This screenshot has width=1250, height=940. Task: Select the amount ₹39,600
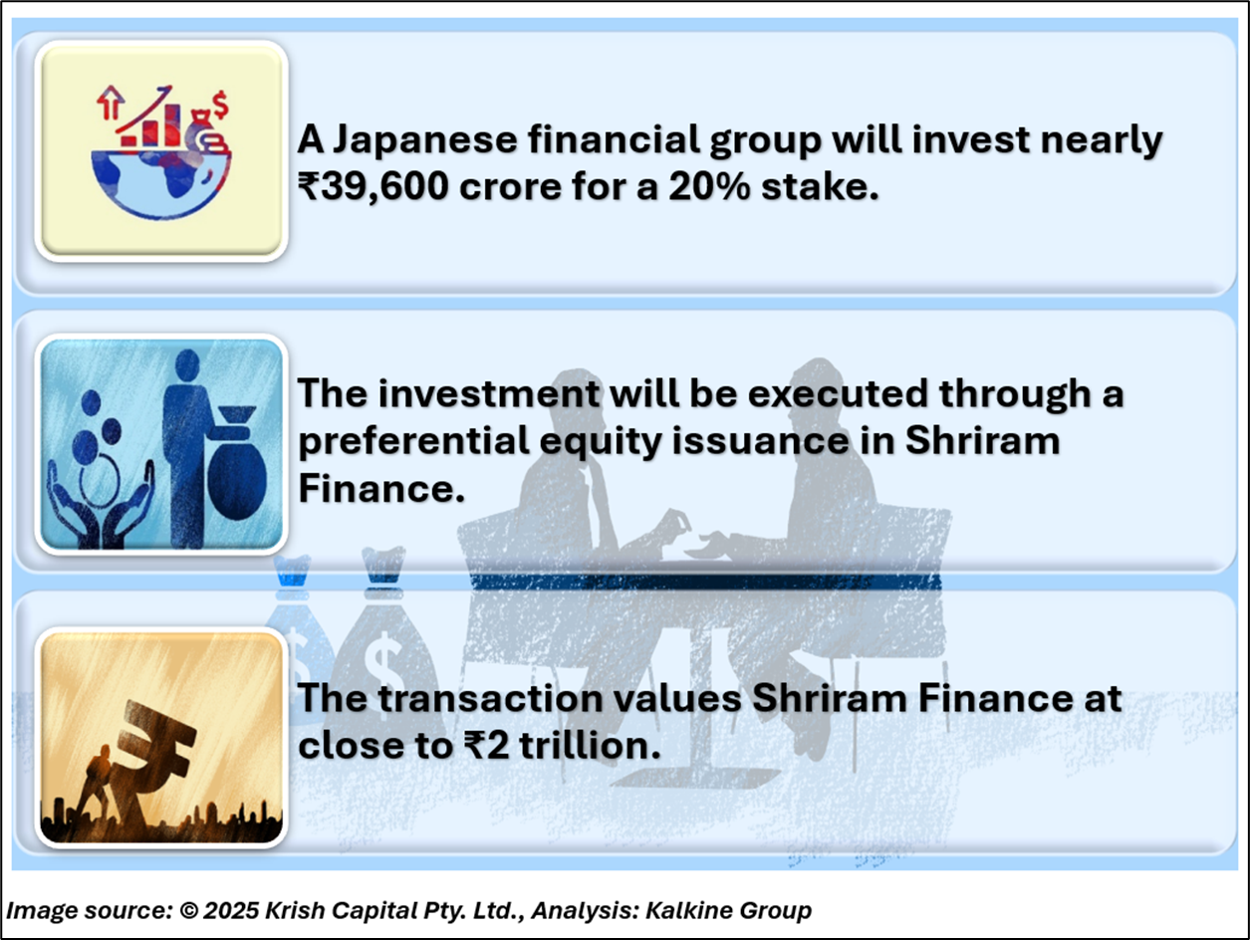click(373, 187)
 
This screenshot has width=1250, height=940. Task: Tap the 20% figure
click(709, 186)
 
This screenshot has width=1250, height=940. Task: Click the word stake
click(821, 186)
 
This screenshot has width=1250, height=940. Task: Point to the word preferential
click(414, 442)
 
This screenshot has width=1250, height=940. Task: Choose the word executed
click(837, 393)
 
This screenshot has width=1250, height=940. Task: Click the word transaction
click(491, 699)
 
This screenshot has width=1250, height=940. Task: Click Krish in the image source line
click(296, 910)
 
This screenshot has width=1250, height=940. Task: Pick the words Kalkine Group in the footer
click(728, 910)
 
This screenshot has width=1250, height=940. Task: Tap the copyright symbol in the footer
click(188, 910)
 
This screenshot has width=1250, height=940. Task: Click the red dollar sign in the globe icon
click(220, 105)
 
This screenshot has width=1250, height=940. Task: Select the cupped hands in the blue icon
click(101, 507)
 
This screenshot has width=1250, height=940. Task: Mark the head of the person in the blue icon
click(187, 365)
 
